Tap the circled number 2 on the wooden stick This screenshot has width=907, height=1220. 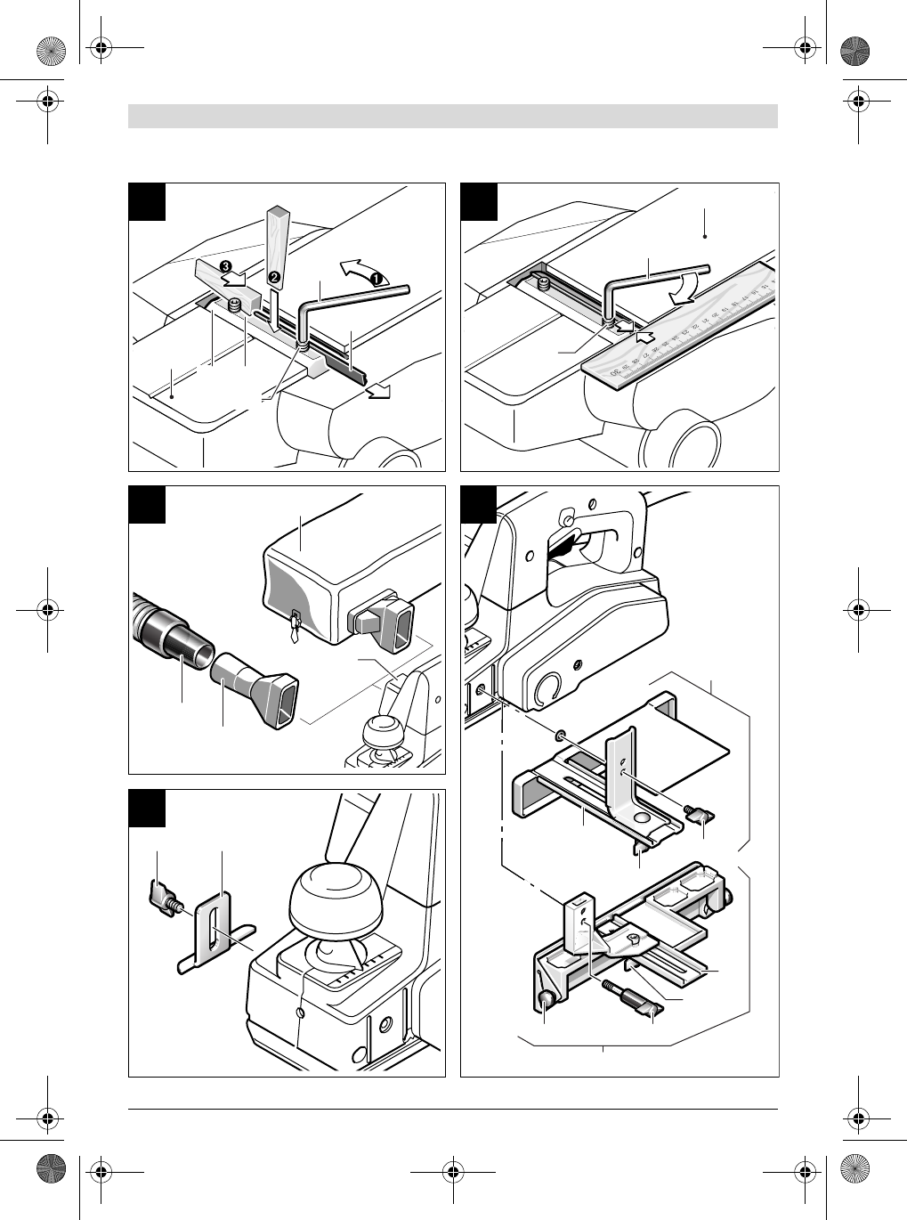[273, 277]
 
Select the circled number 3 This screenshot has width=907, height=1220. [226, 266]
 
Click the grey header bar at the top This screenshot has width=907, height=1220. [453, 117]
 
